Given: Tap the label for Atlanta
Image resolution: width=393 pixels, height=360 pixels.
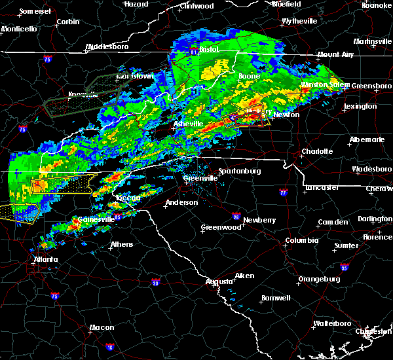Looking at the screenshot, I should click(45, 259).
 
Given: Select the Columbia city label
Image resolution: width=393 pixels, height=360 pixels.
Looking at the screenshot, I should click(301, 241).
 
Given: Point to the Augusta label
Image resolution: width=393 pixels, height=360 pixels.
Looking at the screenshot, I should click(219, 281).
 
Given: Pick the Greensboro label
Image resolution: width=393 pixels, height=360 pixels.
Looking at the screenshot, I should click(372, 86).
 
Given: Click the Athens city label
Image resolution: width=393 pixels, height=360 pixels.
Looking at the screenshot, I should click(121, 245).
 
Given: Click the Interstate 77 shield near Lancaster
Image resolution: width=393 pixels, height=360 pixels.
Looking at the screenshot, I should click(283, 194).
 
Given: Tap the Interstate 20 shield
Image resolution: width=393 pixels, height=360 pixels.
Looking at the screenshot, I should click(155, 282).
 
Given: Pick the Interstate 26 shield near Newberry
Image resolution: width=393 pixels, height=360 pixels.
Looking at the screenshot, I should click(236, 217).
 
